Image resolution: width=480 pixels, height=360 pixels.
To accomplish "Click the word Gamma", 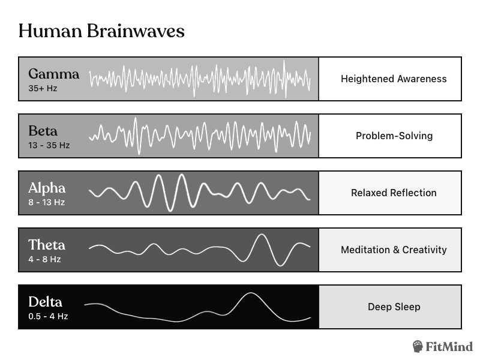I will [53, 74].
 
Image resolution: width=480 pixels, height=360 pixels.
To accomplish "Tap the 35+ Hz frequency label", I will [43, 88].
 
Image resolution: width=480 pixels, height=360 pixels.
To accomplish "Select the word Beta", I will [43, 131].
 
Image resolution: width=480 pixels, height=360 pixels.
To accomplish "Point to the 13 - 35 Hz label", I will [49, 145].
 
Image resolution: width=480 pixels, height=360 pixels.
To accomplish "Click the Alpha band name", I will [47, 188].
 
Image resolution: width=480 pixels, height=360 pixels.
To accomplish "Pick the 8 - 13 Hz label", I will [46, 202].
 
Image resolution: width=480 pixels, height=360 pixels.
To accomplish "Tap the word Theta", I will [47, 245].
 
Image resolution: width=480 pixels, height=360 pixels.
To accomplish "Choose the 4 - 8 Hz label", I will [44, 259].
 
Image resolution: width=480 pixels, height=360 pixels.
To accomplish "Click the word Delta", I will [45, 302].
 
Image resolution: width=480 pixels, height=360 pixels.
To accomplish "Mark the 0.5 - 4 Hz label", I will [48, 316].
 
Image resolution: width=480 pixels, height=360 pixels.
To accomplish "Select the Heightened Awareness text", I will [394, 79].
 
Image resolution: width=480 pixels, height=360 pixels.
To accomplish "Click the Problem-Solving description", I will [394, 136].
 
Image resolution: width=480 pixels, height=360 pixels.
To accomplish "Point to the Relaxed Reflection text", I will [394, 193].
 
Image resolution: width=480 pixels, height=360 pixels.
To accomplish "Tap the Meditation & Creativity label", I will [394, 250].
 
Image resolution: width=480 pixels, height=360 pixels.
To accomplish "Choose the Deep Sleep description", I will [394, 307].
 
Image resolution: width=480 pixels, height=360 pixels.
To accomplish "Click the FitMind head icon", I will [419, 346].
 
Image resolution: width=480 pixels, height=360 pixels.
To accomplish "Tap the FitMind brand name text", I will [450, 347].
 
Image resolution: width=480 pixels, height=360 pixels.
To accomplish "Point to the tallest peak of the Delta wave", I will [248, 294].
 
